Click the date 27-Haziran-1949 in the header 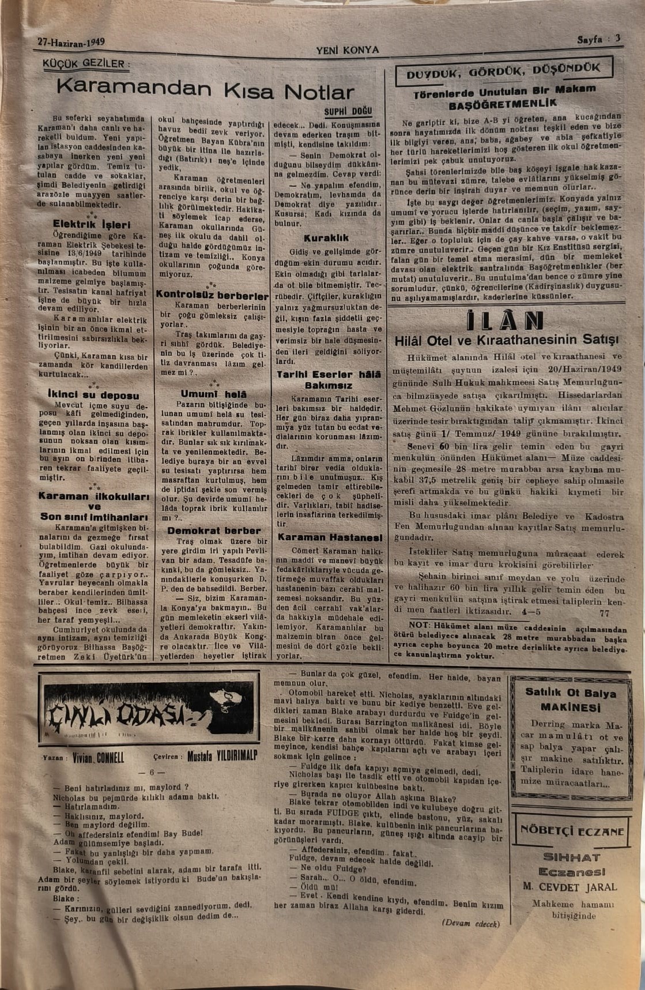point(71,42)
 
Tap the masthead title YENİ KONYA point(348,50)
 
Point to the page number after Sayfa point(617,39)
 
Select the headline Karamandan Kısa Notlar point(205,90)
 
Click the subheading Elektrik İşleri point(92,224)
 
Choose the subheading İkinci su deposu point(93,396)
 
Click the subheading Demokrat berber point(214,530)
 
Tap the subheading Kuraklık point(327,238)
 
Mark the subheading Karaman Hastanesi point(330,537)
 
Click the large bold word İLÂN point(504,321)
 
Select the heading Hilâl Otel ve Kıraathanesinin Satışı point(506,341)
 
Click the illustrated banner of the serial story point(149,708)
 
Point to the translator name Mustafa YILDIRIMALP point(222,756)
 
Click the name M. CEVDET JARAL point(569,887)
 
